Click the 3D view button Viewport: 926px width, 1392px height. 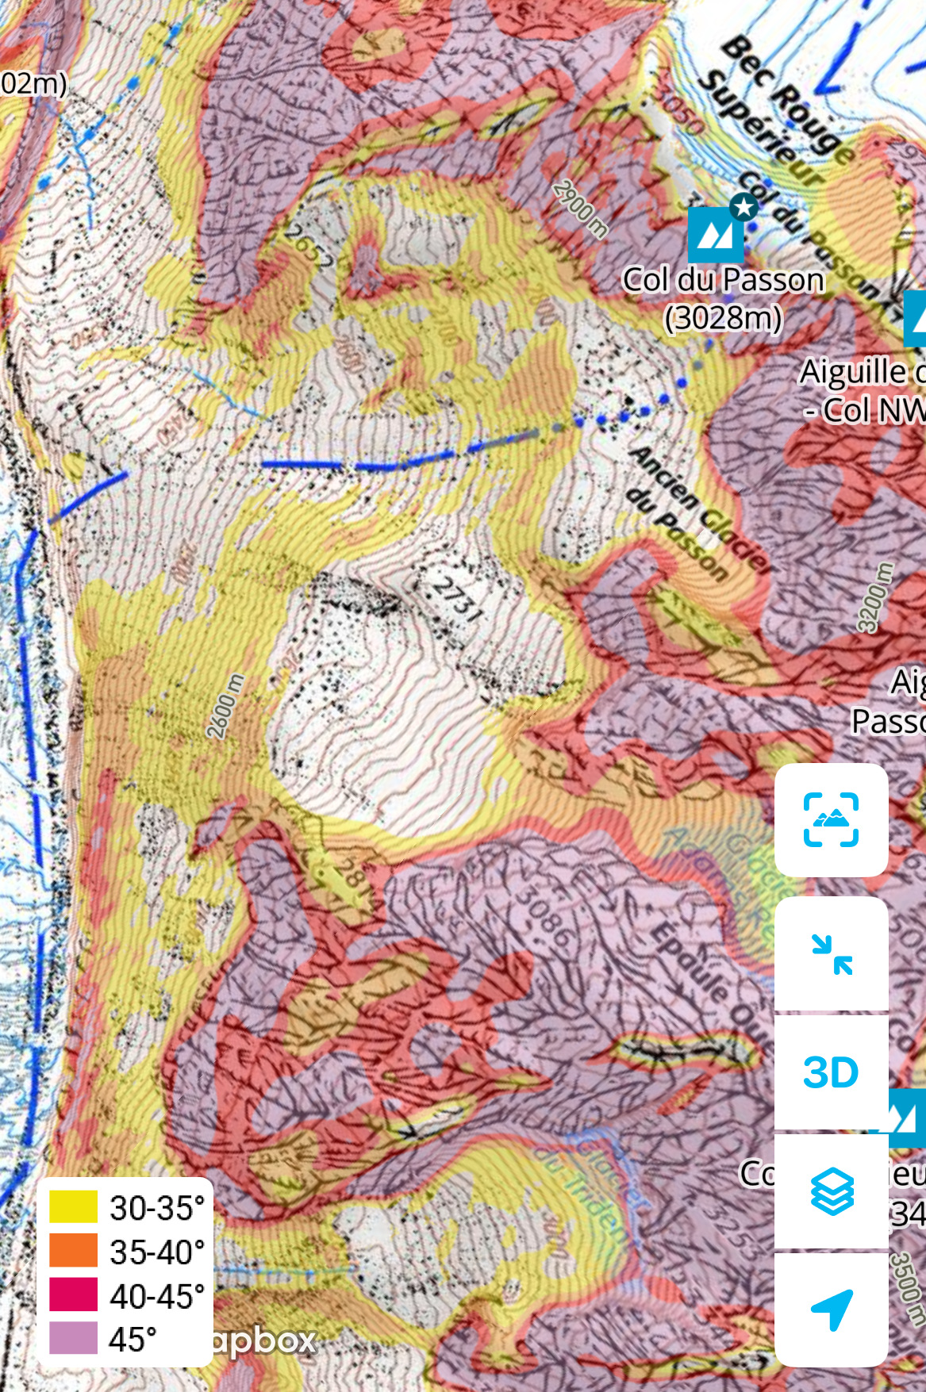(831, 1072)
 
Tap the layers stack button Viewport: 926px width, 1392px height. (831, 1191)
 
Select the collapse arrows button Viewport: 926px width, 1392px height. (831, 954)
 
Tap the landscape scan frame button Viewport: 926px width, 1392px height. (831, 819)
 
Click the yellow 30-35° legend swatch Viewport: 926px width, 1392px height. (74, 1207)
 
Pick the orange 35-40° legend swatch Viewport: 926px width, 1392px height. (74, 1251)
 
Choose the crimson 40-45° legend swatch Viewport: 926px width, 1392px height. (74, 1294)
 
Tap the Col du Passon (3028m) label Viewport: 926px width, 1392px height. (723, 298)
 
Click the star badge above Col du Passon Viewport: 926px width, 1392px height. (743, 208)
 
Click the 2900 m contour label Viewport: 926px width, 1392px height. (581, 209)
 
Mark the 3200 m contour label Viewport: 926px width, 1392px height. (874, 597)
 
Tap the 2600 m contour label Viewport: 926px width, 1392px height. (225, 706)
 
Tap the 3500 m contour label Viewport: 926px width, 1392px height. (907, 1289)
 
